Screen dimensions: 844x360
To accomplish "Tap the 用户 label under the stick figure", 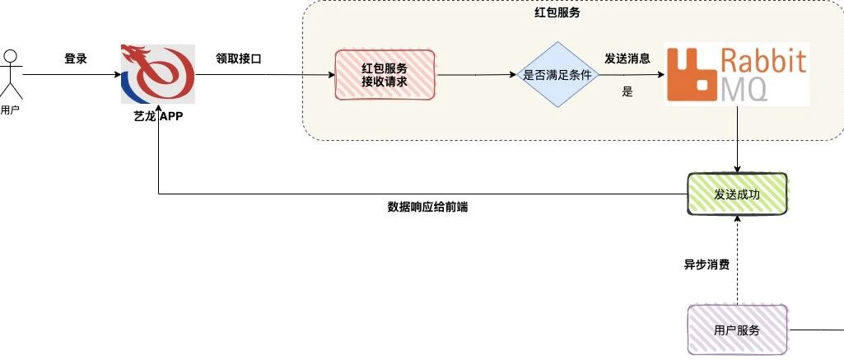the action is tap(10, 111).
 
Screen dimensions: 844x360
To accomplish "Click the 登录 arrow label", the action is tap(76, 59).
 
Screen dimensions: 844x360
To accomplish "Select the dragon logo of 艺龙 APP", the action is tap(158, 73).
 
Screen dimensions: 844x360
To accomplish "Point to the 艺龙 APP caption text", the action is tap(158, 116).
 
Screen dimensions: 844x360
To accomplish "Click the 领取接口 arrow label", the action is tap(239, 59).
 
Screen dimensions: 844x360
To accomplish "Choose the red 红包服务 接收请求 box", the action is tap(385, 75).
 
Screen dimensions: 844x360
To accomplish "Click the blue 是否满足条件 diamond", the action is tap(557, 75).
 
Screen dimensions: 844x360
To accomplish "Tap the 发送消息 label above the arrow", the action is tap(627, 58).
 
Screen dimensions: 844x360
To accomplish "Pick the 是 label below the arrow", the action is tap(627, 91).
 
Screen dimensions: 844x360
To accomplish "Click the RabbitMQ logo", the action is tap(738, 74).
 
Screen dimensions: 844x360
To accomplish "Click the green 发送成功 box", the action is tap(737, 194).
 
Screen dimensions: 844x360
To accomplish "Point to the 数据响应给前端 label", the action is tap(427, 207).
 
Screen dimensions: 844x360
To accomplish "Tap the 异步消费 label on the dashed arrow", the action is tap(706, 264).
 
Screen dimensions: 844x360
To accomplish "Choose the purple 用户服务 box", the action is tap(738, 330).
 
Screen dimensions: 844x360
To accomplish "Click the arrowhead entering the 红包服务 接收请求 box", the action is tap(331, 75).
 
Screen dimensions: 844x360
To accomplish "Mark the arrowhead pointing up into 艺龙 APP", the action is tap(158, 128).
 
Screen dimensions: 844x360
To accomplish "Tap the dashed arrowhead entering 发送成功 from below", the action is tap(738, 220).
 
